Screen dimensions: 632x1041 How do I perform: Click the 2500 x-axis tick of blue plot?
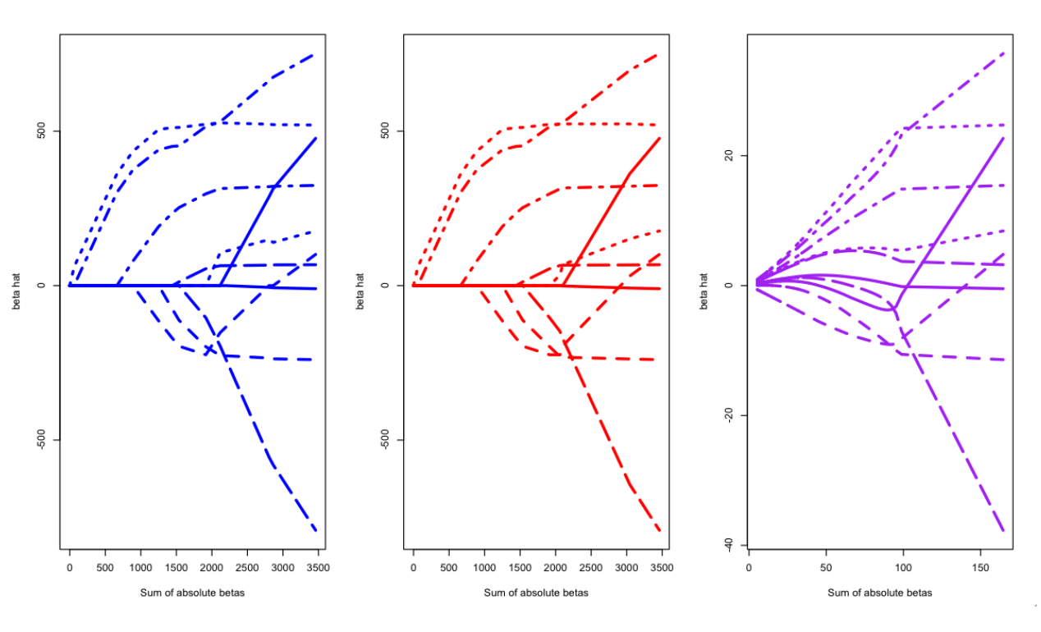pos(247,567)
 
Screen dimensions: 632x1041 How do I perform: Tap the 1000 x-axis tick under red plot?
pos(484,567)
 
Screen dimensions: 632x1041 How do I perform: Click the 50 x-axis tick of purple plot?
pos(826,567)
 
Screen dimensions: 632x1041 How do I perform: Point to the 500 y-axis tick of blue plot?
pos(44,131)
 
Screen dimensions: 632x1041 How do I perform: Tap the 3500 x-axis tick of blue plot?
pos(318,567)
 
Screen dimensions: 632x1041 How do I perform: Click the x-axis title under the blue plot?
pos(192,593)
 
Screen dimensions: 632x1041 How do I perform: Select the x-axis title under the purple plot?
pos(879,593)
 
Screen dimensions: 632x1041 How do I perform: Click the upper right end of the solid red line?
pos(659,138)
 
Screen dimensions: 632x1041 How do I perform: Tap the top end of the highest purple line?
pos(1003,53)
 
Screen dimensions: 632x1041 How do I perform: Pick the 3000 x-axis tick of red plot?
pos(626,567)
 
